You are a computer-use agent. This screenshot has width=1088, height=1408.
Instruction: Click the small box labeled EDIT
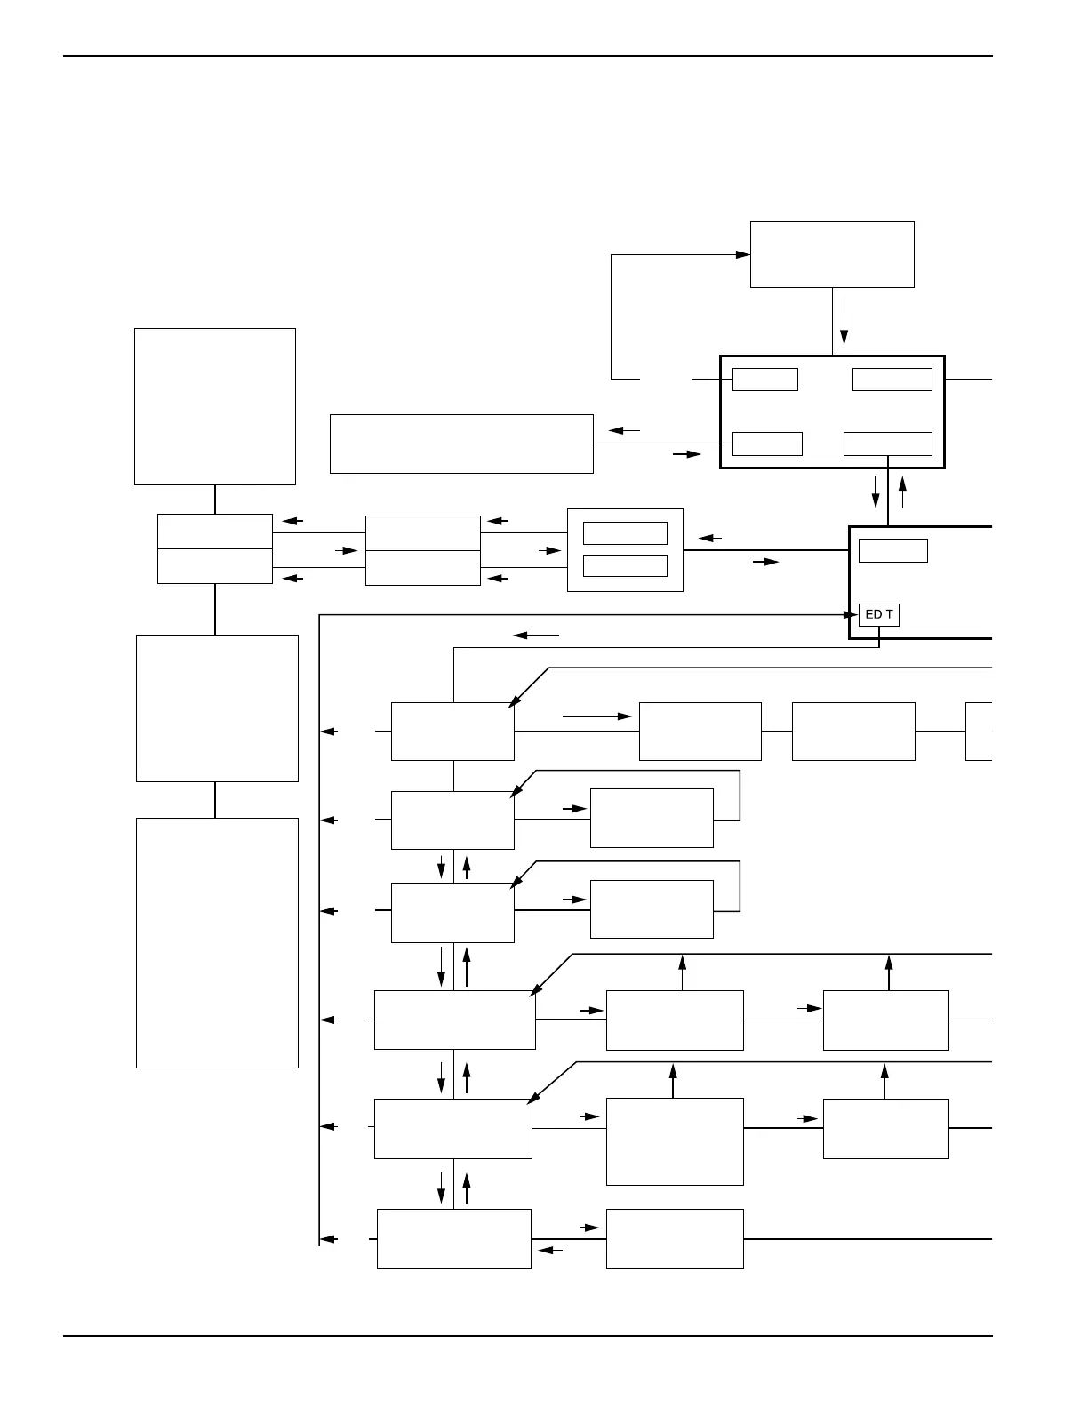[878, 614]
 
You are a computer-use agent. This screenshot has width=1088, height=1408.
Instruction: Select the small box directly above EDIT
[892, 550]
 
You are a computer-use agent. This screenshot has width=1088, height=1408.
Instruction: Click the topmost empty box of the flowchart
[832, 254]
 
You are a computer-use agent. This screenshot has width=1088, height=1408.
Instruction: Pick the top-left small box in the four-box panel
[764, 380]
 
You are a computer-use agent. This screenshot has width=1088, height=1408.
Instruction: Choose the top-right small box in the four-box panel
[892, 380]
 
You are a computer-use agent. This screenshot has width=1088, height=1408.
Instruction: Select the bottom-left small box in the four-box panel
[766, 444]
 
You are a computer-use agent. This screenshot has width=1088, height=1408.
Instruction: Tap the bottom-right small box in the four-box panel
[887, 444]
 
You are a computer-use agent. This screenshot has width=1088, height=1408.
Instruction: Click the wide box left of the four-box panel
[461, 444]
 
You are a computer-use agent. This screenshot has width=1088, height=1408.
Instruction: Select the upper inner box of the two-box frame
[625, 533]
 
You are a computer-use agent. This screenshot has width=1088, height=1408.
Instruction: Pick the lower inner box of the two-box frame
[625, 565]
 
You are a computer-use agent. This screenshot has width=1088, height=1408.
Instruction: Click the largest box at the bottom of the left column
[217, 942]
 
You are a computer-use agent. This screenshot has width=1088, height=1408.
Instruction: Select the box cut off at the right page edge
[978, 732]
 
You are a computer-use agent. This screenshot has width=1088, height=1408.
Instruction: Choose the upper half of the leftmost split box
[214, 532]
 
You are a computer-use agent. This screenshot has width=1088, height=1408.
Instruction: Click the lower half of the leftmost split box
[214, 566]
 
